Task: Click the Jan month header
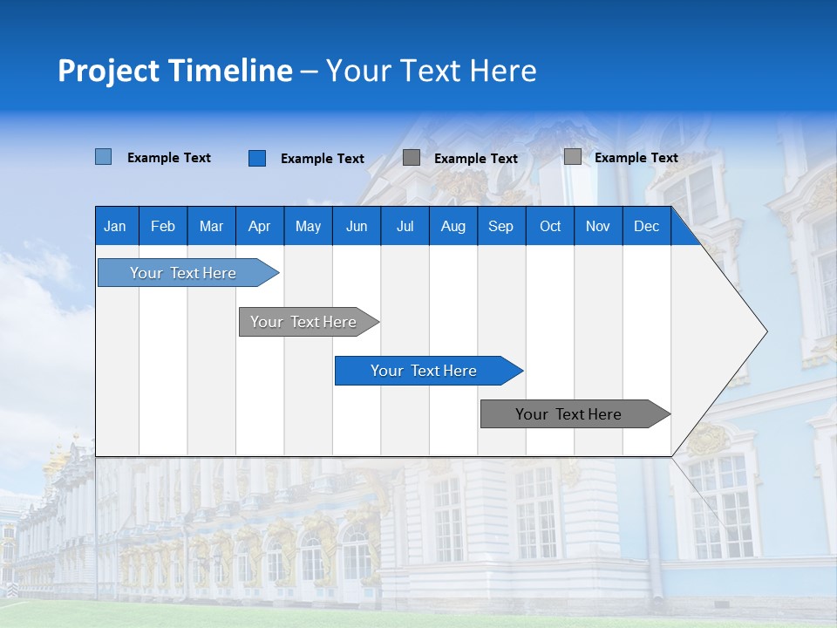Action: tap(115, 226)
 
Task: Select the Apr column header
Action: tap(259, 226)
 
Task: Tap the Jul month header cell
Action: tap(405, 226)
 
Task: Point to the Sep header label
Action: tap(500, 226)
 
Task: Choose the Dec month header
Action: tap(646, 226)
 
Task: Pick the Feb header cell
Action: tap(162, 226)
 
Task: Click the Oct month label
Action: tap(549, 226)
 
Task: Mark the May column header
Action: tap(308, 226)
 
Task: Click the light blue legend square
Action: tap(103, 157)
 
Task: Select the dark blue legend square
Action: tap(256, 158)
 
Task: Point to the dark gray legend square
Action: tap(412, 157)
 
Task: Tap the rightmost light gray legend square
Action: tap(572, 157)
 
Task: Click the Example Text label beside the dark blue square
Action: tap(322, 159)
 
